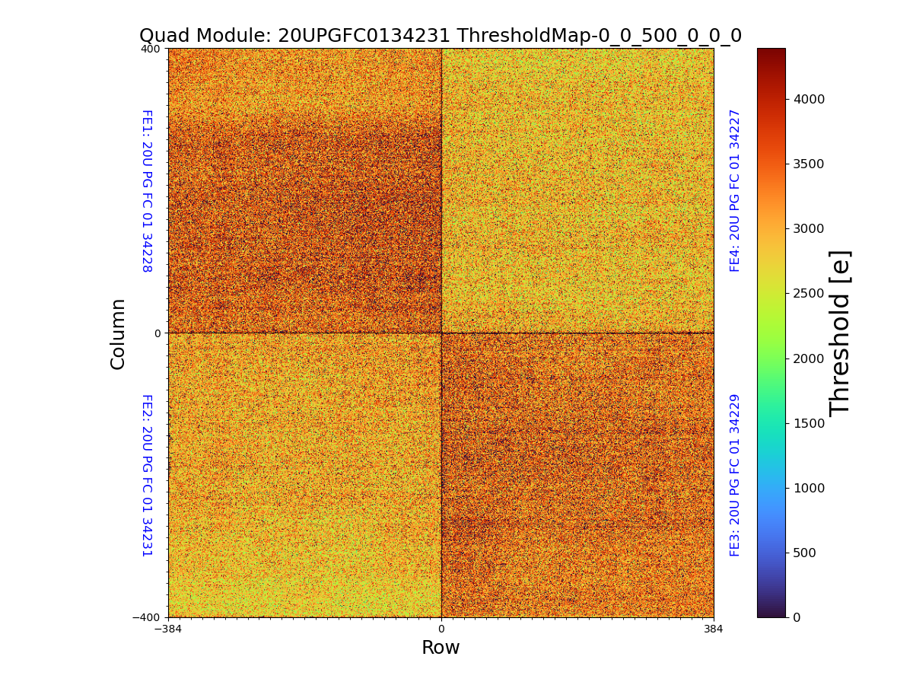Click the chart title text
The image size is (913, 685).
[440, 36]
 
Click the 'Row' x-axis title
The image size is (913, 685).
[441, 648]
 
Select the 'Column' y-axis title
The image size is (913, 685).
[118, 333]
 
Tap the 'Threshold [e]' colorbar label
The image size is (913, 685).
[840, 333]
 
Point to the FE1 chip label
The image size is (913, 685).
[147, 190]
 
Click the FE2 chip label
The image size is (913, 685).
[147, 475]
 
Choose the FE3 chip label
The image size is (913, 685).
[735, 475]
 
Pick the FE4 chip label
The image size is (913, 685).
[735, 190]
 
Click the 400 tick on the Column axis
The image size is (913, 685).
[151, 49]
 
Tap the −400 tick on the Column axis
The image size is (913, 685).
[147, 617]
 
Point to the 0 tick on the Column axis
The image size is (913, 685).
[157, 333]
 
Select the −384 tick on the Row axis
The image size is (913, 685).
[168, 629]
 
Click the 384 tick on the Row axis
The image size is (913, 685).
[714, 629]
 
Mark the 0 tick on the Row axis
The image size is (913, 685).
[441, 629]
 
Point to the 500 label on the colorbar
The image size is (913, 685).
[805, 553]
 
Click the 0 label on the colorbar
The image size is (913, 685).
[797, 617]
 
